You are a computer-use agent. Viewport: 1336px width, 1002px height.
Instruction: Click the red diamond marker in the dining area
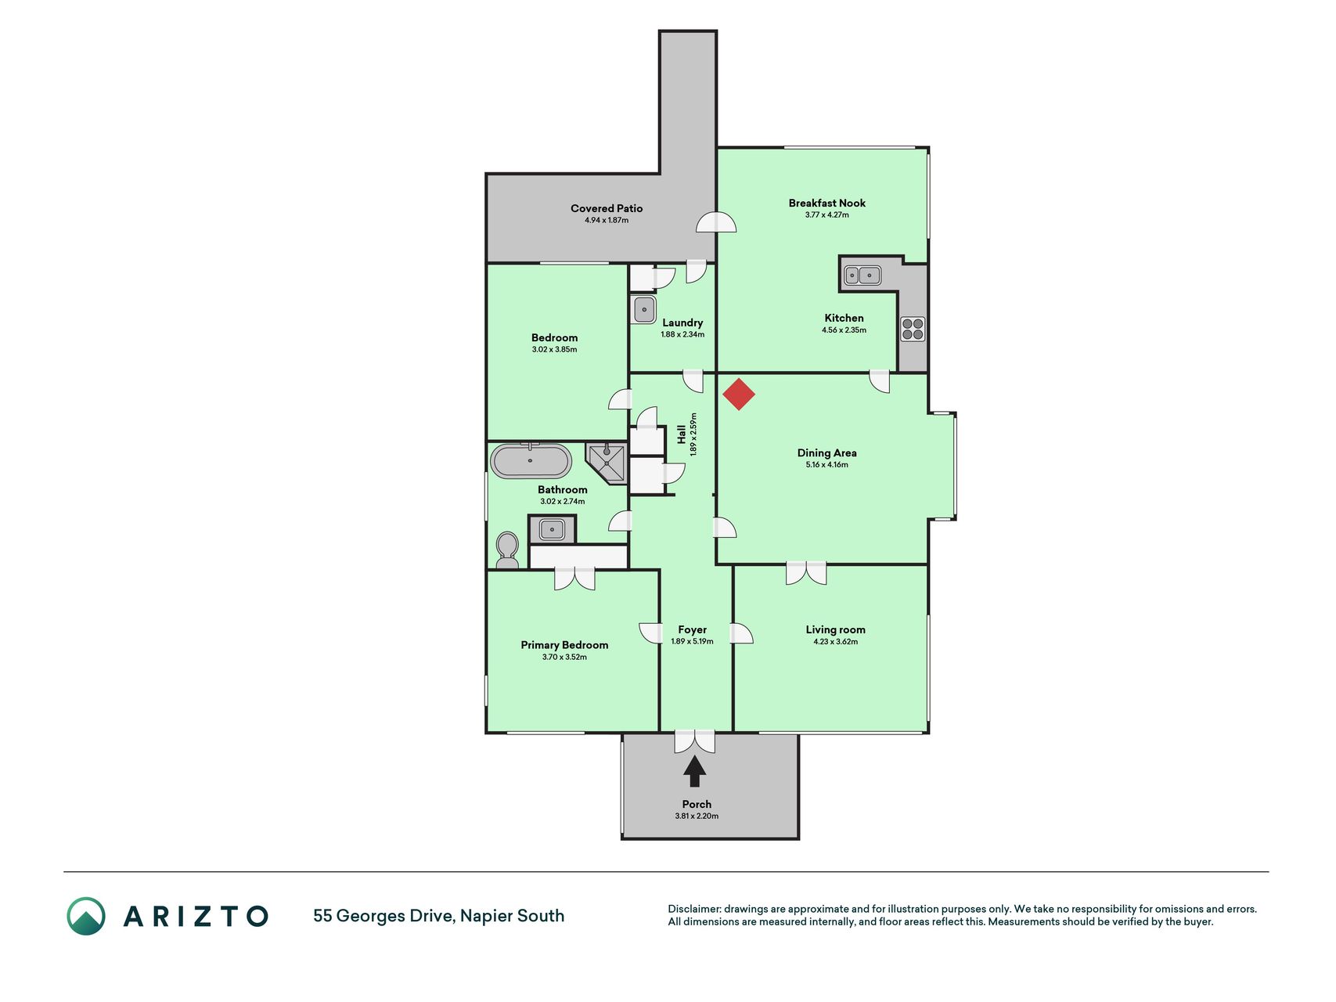[738, 395]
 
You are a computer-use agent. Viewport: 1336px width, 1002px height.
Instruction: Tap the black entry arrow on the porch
[694, 771]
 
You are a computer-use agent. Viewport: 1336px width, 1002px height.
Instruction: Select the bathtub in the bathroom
[531, 461]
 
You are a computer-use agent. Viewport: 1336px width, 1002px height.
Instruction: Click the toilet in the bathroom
[507, 550]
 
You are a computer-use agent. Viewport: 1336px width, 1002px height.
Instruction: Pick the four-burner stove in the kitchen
[912, 329]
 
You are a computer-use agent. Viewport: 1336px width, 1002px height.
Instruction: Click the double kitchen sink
[862, 276]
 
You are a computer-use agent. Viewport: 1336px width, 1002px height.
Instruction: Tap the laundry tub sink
[643, 310]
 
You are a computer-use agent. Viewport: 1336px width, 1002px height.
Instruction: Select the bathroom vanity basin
[553, 530]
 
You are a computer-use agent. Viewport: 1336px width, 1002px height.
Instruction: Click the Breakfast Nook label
[827, 203]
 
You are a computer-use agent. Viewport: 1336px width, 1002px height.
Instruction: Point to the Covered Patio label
[607, 208]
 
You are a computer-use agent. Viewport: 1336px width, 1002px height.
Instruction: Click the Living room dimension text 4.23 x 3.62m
[836, 642]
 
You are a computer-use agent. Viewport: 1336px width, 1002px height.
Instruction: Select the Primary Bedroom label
[564, 645]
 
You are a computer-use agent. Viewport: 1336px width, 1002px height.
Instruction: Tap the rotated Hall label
[682, 434]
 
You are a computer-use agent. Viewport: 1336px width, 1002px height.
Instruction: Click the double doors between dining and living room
[806, 573]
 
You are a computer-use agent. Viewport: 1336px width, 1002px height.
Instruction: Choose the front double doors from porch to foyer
[695, 741]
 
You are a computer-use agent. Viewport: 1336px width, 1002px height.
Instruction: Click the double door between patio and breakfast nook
[717, 223]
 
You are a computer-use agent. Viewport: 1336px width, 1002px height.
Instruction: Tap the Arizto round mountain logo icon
[86, 916]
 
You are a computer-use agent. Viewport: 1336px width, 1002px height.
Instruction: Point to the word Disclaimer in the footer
[694, 909]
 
